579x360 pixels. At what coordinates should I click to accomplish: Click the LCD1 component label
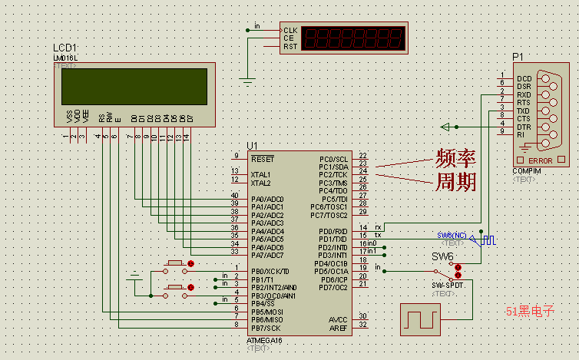pos(65,48)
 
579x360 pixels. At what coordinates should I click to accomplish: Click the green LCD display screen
pos(134,88)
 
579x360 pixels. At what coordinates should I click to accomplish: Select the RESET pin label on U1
pos(263,158)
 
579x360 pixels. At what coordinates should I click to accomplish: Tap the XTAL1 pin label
pos(261,174)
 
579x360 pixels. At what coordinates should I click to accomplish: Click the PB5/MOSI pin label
pos(268,312)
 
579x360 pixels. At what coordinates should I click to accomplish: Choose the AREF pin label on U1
pos(338,328)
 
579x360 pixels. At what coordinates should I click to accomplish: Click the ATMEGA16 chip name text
pos(265,340)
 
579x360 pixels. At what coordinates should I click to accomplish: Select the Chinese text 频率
pos(455,159)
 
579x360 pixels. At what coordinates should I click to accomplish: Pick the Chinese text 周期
pos(455,182)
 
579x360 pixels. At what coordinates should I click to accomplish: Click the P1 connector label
pos(518,57)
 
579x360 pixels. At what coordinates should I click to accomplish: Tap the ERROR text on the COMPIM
pos(541,160)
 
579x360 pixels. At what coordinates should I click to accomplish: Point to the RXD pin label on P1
pos(524,95)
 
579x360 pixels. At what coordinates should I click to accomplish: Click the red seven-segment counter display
pos(354,38)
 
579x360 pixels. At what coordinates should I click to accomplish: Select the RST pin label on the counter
pos(289,47)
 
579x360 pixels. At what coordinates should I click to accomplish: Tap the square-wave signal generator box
pos(421,319)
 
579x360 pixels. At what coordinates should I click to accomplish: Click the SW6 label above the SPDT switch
pos(442,256)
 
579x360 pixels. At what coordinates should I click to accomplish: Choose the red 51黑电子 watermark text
pos(530,311)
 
